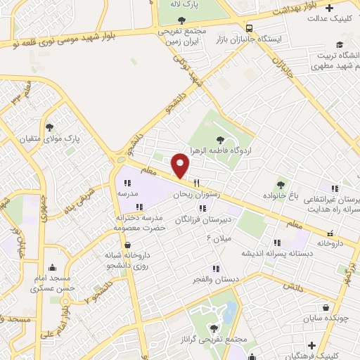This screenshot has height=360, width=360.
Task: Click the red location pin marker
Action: point(181,165)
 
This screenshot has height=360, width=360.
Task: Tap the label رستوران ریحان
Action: point(198,193)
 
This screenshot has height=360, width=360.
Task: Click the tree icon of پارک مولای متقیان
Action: point(50,127)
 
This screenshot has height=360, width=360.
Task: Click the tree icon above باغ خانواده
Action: point(282,184)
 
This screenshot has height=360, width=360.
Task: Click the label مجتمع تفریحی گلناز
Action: point(223,339)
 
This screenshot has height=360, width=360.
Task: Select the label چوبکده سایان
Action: point(327,318)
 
